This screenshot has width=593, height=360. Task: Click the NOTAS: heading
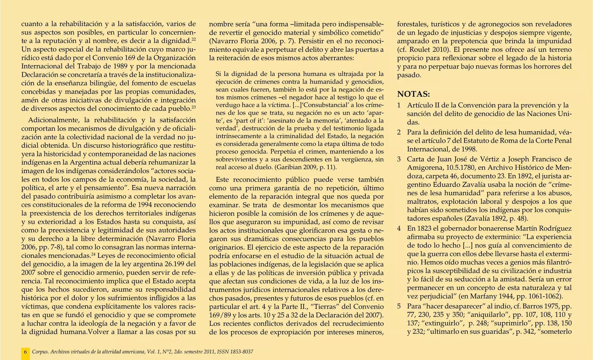413,94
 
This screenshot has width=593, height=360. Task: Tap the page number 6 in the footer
25,352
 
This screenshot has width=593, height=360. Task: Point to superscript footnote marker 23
194,107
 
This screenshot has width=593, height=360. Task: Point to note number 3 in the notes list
399,159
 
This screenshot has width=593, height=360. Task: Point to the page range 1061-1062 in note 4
540,296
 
